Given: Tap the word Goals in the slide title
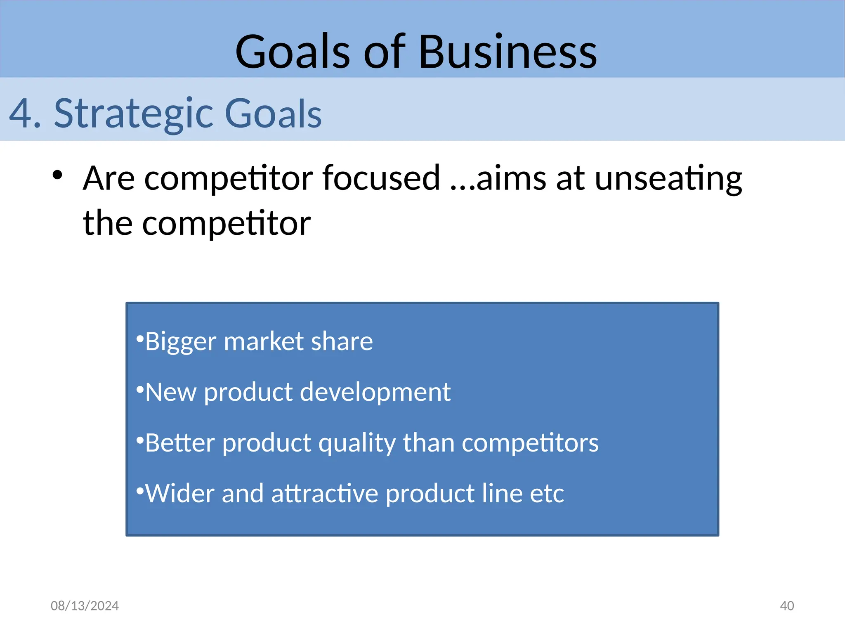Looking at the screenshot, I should click(x=293, y=52).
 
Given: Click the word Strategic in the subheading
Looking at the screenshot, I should click(x=133, y=114).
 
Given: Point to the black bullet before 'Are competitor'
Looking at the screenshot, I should click(x=57, y=175).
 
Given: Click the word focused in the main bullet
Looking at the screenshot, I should click(x=381, y=178).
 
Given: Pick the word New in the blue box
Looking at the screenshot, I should click(x=171, y=392).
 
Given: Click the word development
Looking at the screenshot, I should click(x=375, y=392).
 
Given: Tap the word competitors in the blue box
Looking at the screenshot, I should click(x=530, y=443).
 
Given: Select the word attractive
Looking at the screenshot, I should click(x=324, y=494).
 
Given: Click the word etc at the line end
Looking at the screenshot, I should click(x=547, y=494).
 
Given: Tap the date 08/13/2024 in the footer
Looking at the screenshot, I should click(x=85, y=606).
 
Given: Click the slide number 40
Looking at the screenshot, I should click(x=787, y=606).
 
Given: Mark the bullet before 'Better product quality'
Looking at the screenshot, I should click(x=140, y=439).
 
